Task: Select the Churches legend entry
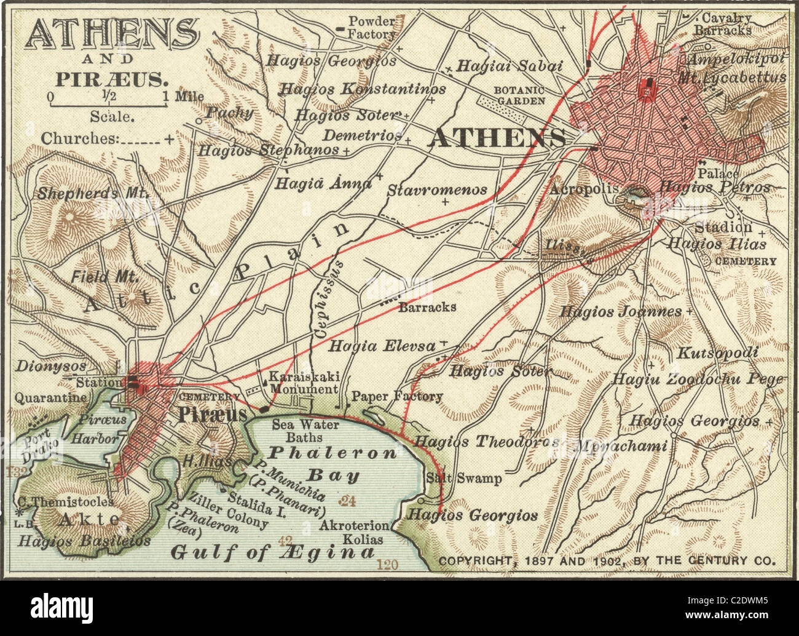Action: tap(108, 138)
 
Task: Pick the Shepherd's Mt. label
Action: tap(93, 193)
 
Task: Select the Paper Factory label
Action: tap(397, 396)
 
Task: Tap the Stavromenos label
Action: tap(437, 191)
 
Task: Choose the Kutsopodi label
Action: tap(717, 354)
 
